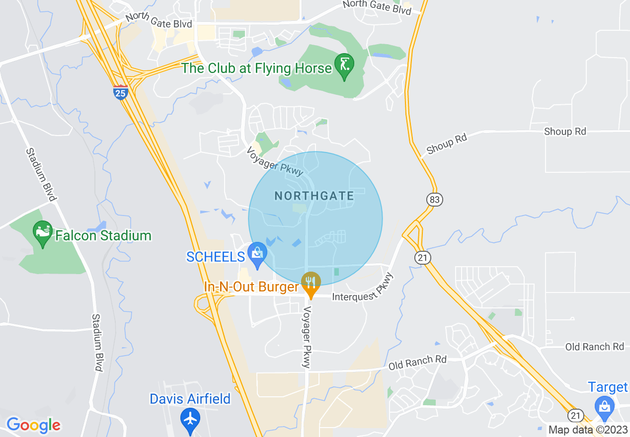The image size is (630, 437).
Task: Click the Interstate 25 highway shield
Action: pyautogui.click(x=121, y=92)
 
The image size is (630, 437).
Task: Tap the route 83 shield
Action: pyautogui.click(x=434, y=200)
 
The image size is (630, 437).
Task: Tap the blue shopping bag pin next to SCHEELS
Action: pyautogui.click(x=257, y=254)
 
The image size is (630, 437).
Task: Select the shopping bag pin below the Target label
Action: pyautogui.click(x=604, y=408)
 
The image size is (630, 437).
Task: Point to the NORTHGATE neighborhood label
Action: pyautogui.click(x=314, y=196)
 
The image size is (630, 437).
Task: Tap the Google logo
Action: pyautogui.click(x=33, y=425)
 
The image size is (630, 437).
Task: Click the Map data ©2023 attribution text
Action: pyautogui.click(x=588, y=430)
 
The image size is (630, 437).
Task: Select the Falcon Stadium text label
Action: pyautogui.click(x=103, y=235)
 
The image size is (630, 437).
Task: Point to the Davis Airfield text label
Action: pyautogui.click(x=190, y=399)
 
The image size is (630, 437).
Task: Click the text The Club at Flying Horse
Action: pyautogui.click(x=257, y=68)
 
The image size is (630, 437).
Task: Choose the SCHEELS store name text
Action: pyautogui.click(x=216, y=257)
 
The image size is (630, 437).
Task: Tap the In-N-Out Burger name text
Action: pyautogui.click(x=251, y=287)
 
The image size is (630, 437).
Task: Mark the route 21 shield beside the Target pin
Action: pyautogui.click(x=576, y=415)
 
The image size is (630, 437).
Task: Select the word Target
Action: pyautogui.click(x=608, y=387)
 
